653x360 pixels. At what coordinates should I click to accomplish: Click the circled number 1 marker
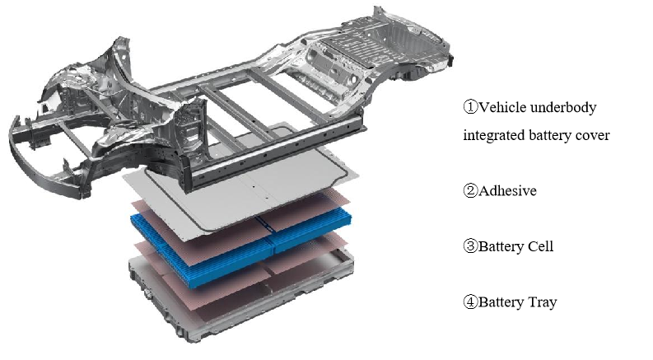[470, 107]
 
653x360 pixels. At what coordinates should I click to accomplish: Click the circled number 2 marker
[470, 190]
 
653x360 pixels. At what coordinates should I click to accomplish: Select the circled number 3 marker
[470, 245]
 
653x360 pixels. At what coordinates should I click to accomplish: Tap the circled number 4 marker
[470, 302]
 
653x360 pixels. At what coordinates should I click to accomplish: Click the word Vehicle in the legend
[502, 107]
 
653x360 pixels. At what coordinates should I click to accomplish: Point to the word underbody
[564, 107]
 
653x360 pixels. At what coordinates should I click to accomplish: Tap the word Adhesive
[507, 191]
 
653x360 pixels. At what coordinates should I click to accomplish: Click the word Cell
[540, 246]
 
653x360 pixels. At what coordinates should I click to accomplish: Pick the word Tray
[542, 302]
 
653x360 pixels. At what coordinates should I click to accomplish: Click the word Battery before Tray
[501, 302]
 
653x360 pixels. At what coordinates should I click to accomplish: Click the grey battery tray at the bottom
[241, 296]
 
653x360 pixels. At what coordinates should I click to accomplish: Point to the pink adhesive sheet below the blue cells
[241, 275]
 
